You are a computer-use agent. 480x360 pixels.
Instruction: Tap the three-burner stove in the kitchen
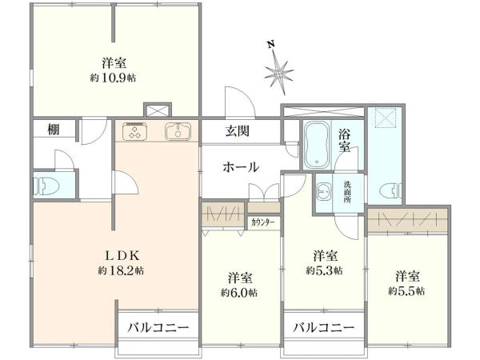135,132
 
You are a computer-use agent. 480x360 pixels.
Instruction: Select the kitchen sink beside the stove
178,132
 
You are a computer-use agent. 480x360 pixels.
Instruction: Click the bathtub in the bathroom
317,145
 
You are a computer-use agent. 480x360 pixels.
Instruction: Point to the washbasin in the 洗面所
324,192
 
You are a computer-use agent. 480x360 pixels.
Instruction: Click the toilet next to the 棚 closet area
46,186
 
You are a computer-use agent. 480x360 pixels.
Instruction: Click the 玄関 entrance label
238,131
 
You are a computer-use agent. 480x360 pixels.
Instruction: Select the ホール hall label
241,167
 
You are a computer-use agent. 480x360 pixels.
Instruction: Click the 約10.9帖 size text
113,78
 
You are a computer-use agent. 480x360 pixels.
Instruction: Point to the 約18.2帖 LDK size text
121,270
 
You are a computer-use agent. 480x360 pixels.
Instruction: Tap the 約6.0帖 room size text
239,293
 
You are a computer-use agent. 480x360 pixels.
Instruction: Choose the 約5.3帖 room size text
325,270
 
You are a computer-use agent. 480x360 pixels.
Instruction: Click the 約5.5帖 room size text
406,291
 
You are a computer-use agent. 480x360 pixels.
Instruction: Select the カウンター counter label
262,222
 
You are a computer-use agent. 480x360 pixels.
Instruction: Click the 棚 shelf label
54,130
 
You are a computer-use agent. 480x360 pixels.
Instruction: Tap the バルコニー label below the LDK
158,328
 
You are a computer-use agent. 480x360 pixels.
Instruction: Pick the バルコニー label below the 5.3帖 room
324,328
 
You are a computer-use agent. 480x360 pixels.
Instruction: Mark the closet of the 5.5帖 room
408,221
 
